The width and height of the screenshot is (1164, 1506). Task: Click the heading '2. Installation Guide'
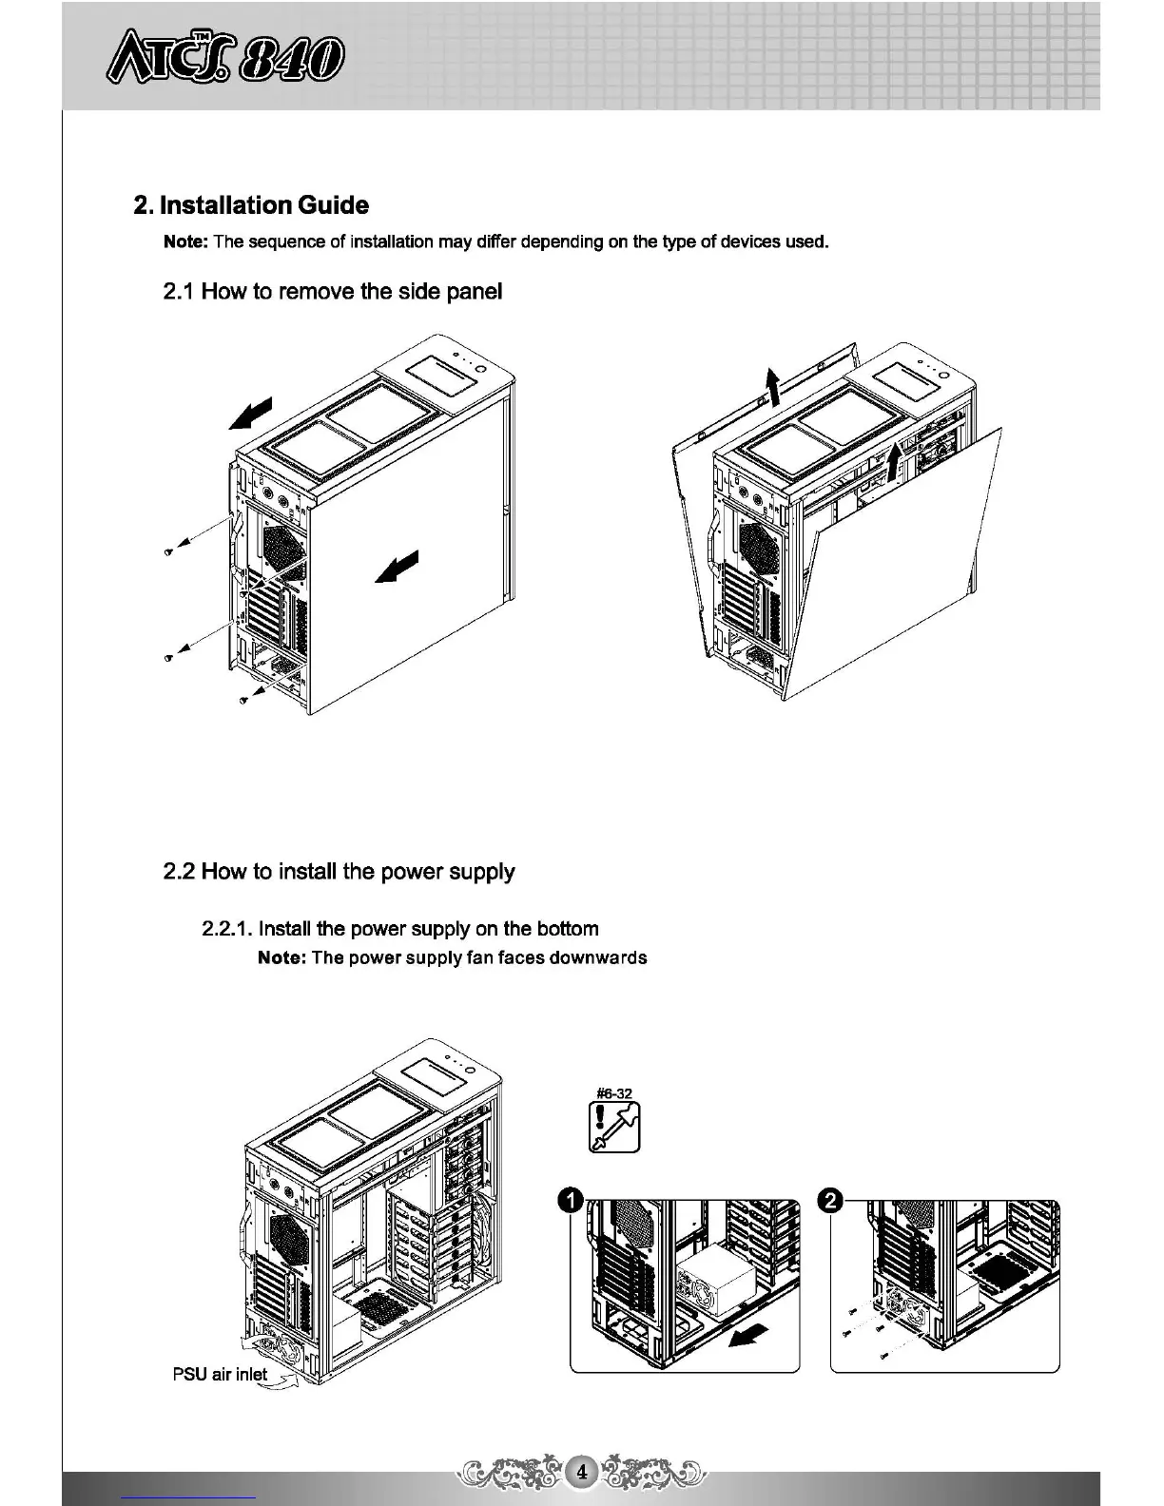pos(251,205)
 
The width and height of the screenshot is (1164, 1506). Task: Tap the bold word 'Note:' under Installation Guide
pos(186,241)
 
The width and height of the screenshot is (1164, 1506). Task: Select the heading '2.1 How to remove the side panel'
pos(333,292)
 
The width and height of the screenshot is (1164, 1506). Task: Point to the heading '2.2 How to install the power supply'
pos(339,872)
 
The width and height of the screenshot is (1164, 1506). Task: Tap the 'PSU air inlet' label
pos(220,1374)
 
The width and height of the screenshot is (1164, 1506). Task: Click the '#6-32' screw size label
pos(614,1093)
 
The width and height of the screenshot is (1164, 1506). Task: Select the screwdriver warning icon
pos(615,1128)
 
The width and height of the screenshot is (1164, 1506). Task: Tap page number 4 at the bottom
pos(582,1473)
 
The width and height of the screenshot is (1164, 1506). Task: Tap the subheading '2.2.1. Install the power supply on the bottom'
pos(400,929)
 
